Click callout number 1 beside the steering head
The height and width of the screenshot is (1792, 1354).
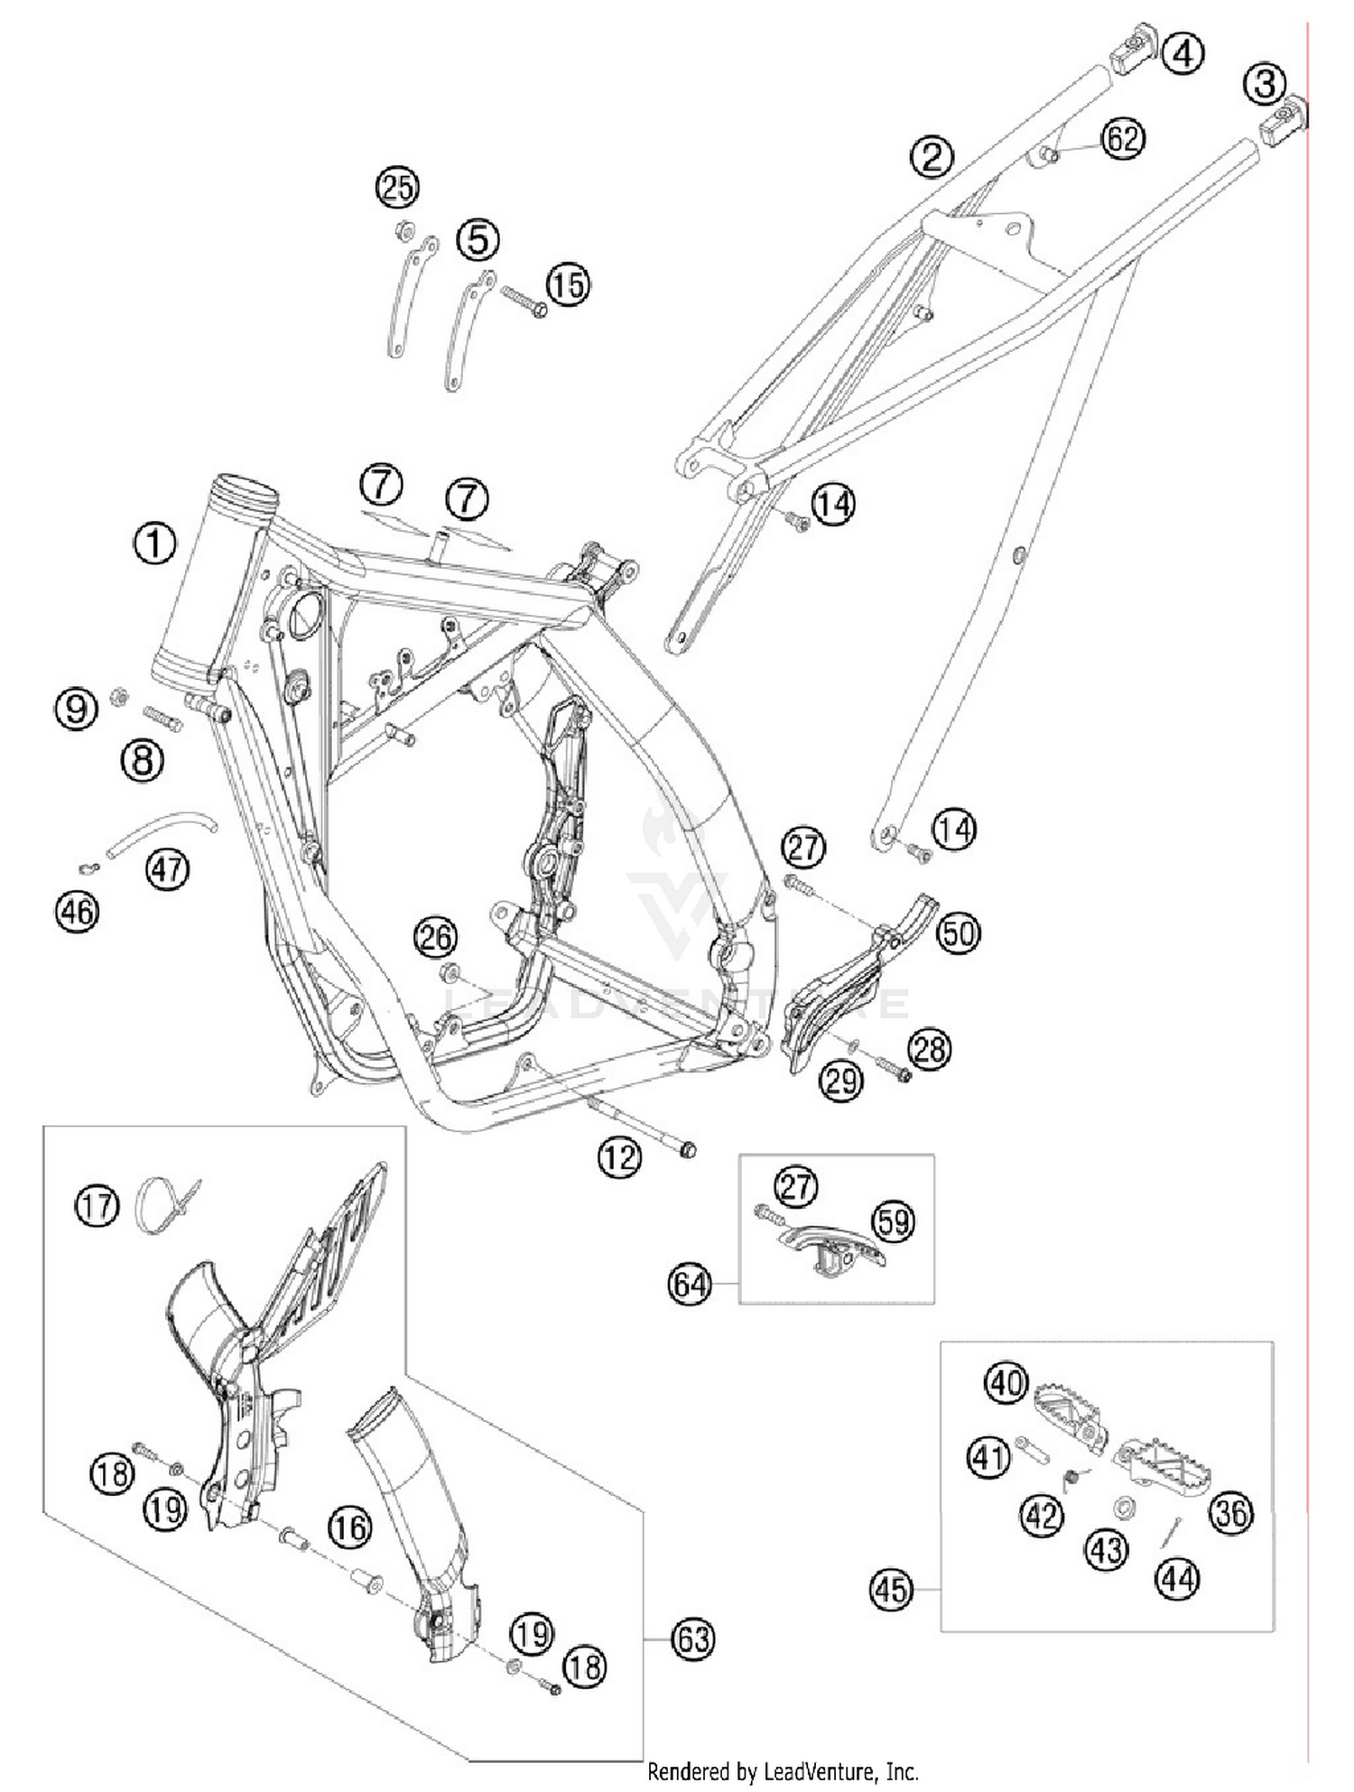click(x=154, y=543)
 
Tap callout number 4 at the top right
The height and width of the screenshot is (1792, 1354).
click(x=1182, y=53)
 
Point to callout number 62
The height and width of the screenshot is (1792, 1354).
click(x=1123, y=139)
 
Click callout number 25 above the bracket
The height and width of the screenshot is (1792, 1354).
click(x=398, y=188)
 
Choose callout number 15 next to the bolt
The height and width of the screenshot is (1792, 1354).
click(x=569, y=285)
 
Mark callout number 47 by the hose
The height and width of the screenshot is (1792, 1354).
click(x=168, y=869)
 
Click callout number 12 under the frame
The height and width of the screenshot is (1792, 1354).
click(x=619, y=1156)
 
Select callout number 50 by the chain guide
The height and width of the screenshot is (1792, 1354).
click(x=958, y=933)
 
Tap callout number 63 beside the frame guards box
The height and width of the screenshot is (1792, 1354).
click(x=693, y=1638)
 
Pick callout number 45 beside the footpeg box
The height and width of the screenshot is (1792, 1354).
click(x=891, y=1590)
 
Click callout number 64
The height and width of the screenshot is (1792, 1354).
click(x=690, y=1284)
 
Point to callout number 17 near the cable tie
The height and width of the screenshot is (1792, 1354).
click(x=97, y=1206)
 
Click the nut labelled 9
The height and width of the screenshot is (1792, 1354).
click(x=116, y=696)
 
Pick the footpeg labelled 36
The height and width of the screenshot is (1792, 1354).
click(x=1160, y=1470)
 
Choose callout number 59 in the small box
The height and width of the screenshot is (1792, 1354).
click(x=894, y=1221)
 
